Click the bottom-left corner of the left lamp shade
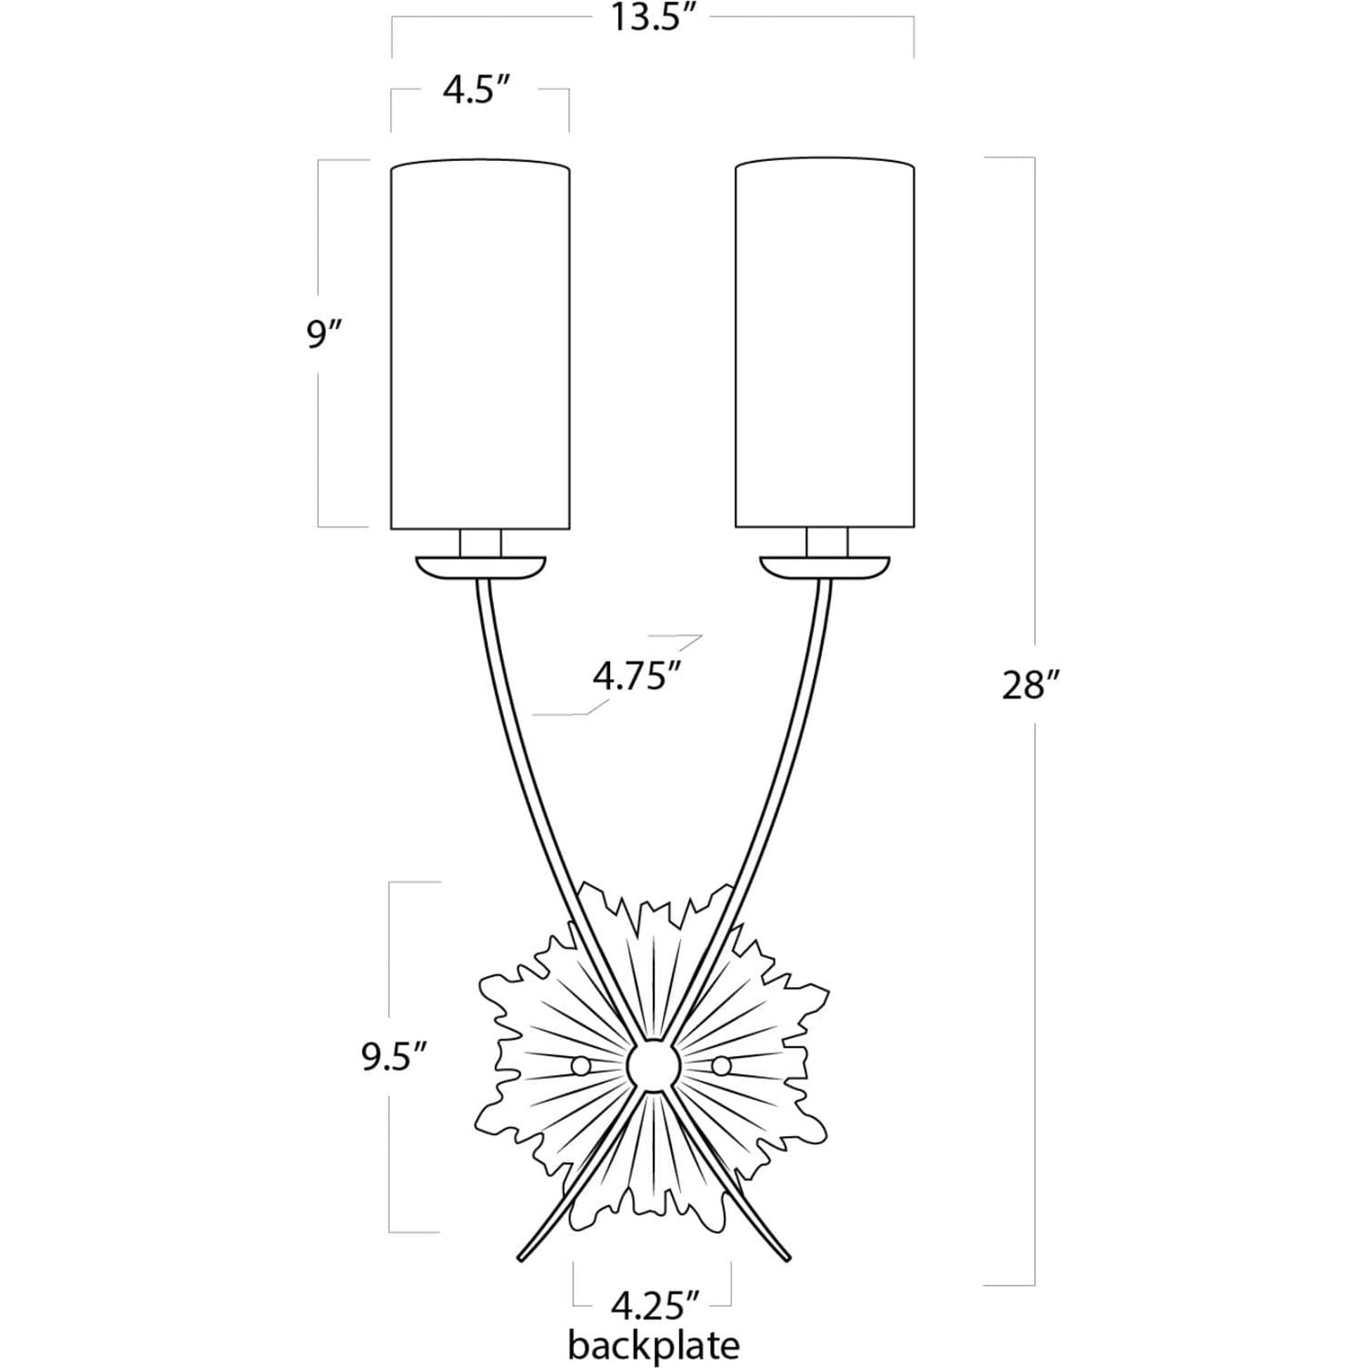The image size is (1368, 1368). pyautogui.click(x=392, y=528)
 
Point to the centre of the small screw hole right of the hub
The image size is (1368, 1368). pyautogui.click(x=721, y=1084)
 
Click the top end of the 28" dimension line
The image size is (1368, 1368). pyautogui.click(x=1035, y=157)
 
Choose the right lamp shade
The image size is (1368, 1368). pyautogui.click(x=825, y=344)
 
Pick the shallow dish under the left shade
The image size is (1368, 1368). pyautogui.click(x=481, y=568)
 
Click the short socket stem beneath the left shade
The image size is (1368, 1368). pyautogui.click(x=481, y=543)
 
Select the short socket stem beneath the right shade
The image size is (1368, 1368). pyautogui.click(x=827, y=543)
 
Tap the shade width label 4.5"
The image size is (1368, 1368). pyautogui.click(x=477, y=91)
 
